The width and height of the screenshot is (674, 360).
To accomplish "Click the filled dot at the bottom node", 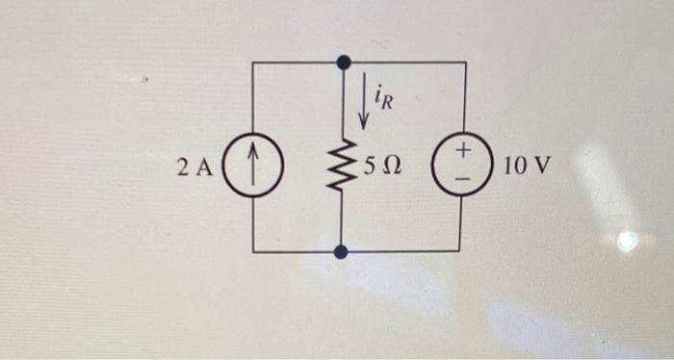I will pos(341,252).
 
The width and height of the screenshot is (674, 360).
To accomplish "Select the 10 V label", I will pos(527,167).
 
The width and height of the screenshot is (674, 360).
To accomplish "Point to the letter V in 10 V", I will pos(542,167).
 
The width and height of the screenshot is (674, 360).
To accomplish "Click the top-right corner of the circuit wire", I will pos(466,63).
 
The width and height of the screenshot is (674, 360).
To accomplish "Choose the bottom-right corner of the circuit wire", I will pos(466,251).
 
